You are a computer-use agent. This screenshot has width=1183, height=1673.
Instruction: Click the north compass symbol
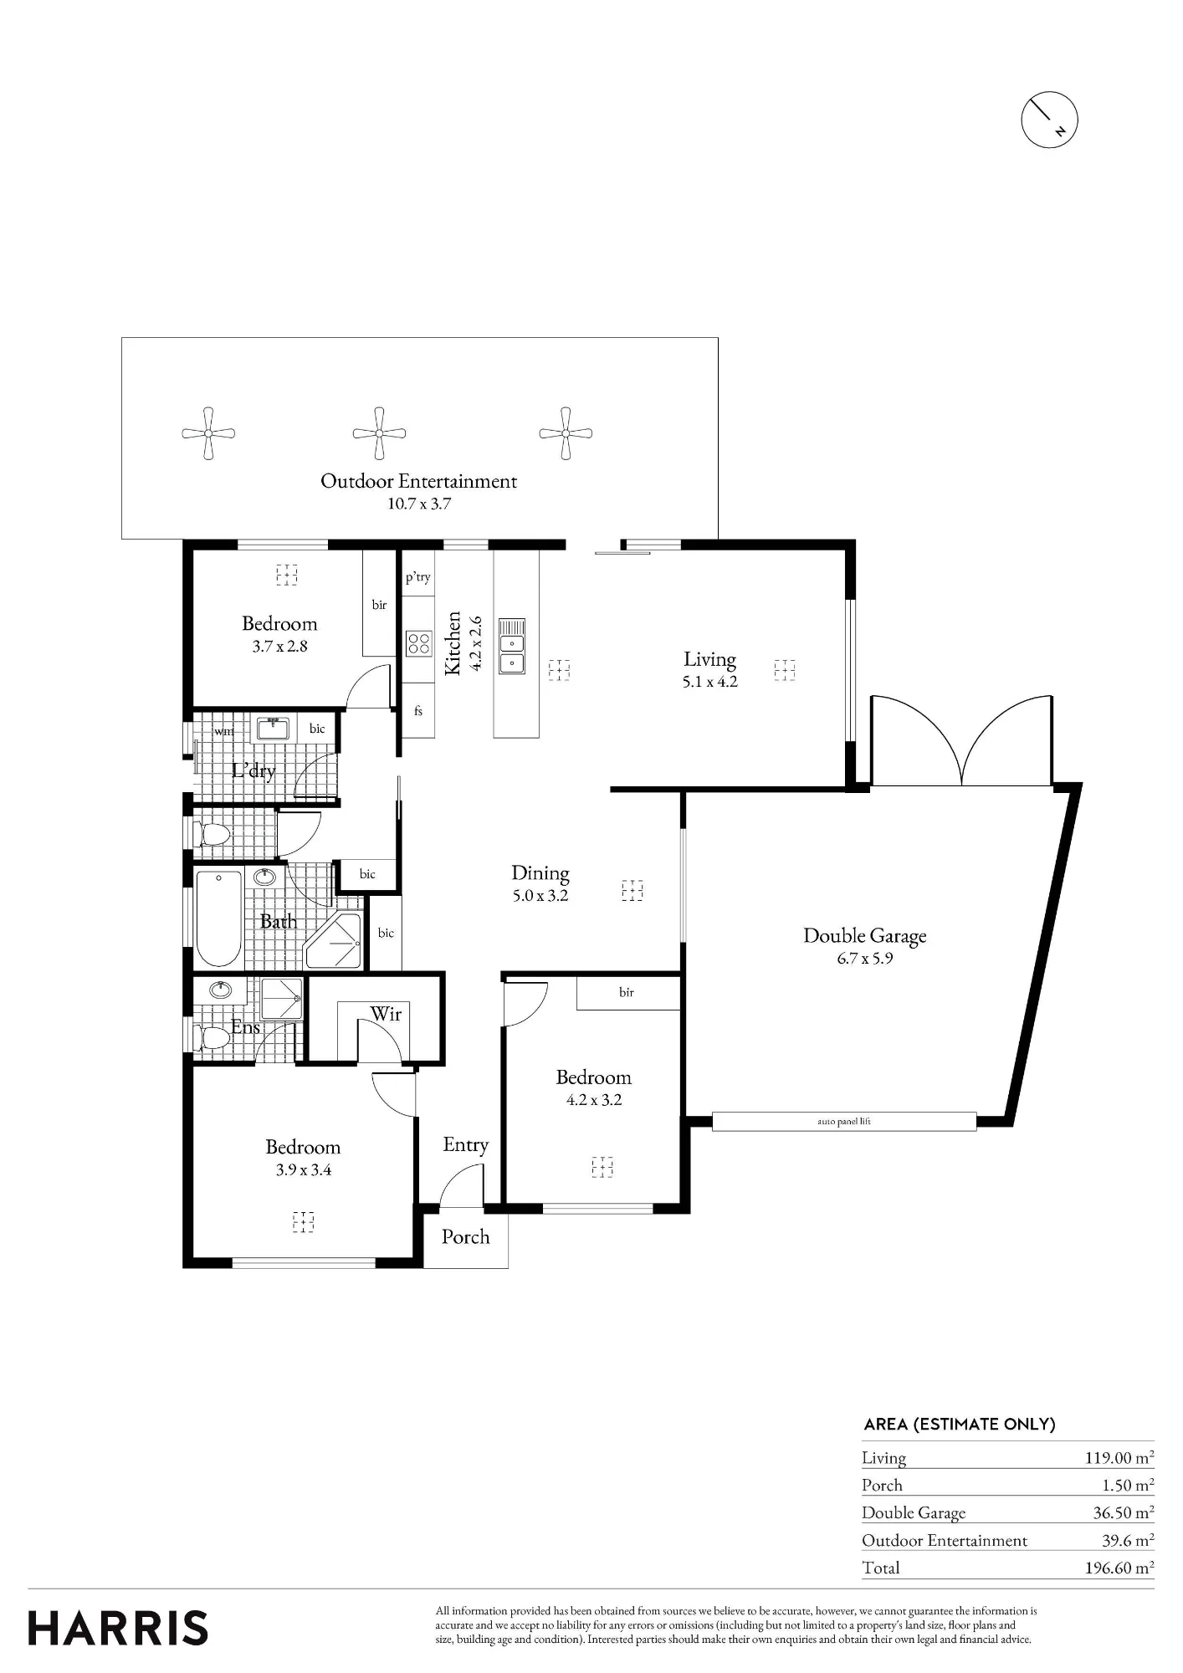click(1049, 120)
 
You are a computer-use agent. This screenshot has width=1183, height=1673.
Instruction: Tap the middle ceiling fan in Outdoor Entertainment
click(379, 433)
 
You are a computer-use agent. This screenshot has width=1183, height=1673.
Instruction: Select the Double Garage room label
click(865, 936)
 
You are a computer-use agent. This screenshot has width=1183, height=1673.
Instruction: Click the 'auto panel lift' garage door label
click(844, 1121)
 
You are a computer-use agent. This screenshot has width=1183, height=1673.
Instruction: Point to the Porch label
click(465, 1236)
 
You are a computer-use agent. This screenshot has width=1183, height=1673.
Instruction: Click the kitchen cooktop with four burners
click(418, 642)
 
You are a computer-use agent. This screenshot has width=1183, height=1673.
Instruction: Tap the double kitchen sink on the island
click(512, 645)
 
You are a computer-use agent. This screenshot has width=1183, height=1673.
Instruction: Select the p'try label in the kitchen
click(418, 577)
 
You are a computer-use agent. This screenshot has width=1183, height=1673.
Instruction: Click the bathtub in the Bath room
click(219, 918)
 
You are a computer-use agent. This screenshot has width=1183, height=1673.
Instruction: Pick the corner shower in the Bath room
click(334, 941)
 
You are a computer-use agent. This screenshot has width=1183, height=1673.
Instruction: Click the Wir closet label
click(386, 1014)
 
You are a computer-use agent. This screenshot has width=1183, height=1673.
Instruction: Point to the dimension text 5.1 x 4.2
click(709, 682)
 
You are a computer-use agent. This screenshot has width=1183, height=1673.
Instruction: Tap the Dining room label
click(540, 873)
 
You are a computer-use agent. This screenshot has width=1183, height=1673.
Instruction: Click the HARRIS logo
click(118, 1629)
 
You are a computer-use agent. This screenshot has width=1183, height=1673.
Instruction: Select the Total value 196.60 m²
click(1119, 1568)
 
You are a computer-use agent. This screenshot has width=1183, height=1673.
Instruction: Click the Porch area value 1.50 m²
click(1128, 1485)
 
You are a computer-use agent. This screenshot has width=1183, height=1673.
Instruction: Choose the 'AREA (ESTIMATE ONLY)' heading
click(960, 1424)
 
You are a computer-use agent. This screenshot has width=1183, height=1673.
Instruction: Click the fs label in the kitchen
click(418, 711)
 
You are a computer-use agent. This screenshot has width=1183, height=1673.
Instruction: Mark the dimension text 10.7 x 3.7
click(419, 504)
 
